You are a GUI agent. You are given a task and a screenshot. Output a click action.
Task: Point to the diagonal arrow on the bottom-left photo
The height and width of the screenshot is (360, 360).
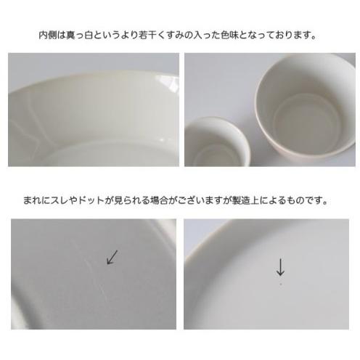point(112,256)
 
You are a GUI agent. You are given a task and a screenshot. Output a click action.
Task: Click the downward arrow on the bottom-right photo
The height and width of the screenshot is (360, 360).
point(280,267)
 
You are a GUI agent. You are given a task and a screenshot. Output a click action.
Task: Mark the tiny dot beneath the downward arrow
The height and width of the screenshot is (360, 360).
point(280,284)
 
